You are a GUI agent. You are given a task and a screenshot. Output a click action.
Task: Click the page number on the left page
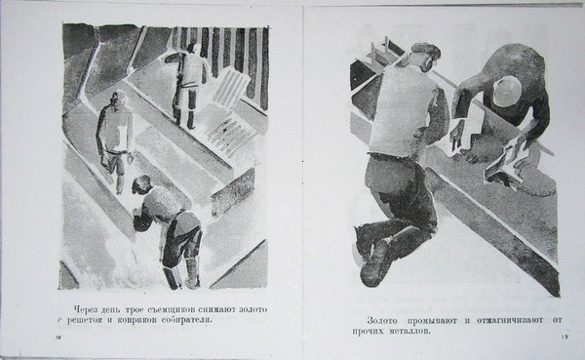(58, 338)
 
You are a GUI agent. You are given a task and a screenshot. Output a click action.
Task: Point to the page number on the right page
(565, 338)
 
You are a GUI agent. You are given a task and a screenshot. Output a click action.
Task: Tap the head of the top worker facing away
(193, 48)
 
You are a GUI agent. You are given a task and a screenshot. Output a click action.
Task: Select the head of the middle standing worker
(119, 99)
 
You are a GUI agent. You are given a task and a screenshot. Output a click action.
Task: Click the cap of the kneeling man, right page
(426, 49)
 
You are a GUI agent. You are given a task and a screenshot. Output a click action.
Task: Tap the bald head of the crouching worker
(507, 91)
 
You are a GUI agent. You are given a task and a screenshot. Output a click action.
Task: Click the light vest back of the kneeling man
(403, 108)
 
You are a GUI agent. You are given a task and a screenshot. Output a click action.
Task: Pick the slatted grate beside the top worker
(230, 87)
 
